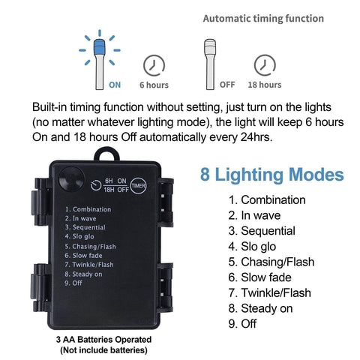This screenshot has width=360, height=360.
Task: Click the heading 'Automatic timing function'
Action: pos(263,19)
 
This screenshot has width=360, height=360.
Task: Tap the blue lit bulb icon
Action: pos(100,64)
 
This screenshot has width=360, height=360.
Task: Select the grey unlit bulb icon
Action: pos(210,64)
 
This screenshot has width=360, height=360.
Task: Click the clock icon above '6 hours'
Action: pos(154,65)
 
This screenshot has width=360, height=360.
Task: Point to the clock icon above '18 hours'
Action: pos(265,65)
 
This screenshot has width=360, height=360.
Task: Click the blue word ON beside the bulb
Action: pos(115,85)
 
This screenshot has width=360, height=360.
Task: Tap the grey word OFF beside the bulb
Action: pos(227,85)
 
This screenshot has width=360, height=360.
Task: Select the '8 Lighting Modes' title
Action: pos(272,175)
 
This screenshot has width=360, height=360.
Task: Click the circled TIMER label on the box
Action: pos(139,185)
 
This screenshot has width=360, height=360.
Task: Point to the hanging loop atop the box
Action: pos(107,154)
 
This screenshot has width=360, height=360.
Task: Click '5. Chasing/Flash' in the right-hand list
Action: pos(271,262)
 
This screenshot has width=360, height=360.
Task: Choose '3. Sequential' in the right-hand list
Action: pos(262,231)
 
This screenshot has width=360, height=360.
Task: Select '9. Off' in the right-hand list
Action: pos(242,324)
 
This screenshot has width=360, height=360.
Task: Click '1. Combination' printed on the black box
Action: pos(88,209)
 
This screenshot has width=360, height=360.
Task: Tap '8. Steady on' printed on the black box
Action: pos(83,274)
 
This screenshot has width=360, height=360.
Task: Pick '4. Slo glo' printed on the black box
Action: pos(79,236)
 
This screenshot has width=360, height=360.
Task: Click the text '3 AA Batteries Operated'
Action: pos(103,340)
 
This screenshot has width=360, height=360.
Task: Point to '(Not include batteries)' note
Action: pos(103,350)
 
